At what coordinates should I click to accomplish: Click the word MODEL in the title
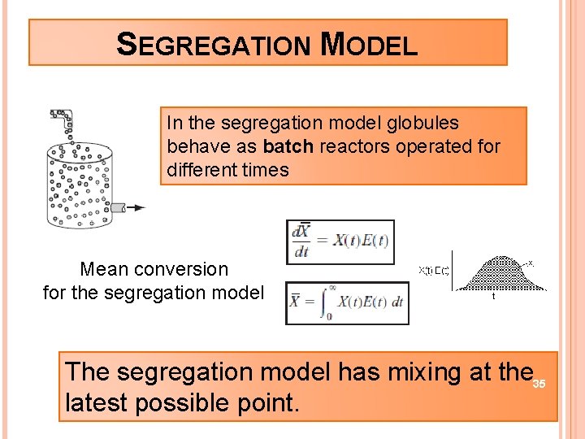(x=369, y=44)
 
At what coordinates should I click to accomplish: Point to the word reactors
(x=350, y=147)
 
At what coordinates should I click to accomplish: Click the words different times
(x=227, y=170)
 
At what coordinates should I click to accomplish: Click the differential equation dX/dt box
(x=340, y=242)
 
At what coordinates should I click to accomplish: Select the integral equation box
(x=347, y=302)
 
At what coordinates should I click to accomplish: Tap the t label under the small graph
(x=494, y=297)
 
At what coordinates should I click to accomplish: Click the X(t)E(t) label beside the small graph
(x=434, y=271)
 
